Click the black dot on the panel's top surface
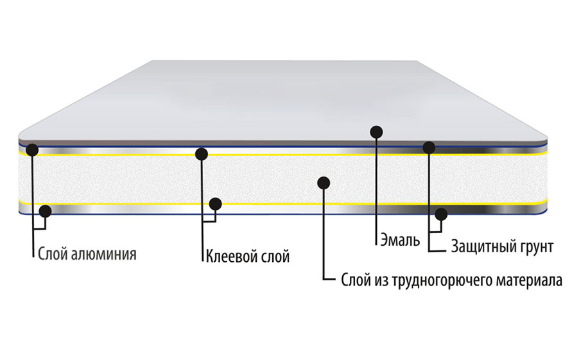tap(377, 132)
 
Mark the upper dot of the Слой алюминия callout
tap(33, 151)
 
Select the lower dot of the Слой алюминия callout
tap(46, 211)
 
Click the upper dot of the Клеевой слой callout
tap(202, 154)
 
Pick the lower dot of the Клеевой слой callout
tap(216, 204)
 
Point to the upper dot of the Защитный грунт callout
tap(429, 148)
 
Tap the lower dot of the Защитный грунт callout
tap(441, 214)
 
